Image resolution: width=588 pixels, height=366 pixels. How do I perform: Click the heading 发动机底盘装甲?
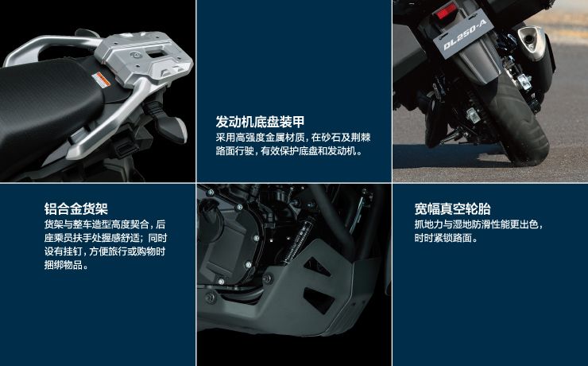coord(260,122)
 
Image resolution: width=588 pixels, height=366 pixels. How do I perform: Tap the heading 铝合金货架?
coord(76,208)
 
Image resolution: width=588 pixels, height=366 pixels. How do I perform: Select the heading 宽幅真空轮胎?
coord(453,208)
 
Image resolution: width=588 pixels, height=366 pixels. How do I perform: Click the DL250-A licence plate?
coord(463,33)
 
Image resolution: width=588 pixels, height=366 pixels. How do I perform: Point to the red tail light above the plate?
coord(446,11)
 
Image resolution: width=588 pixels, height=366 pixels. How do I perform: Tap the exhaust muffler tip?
coord(530,39)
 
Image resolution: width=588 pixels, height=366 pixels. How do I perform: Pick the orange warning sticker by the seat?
coord(101,80)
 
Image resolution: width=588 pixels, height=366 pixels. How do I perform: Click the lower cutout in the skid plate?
coord(319,299)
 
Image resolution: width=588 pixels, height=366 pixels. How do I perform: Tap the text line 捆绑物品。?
coord(67,265)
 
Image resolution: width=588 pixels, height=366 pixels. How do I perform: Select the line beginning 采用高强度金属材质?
coord(293,138)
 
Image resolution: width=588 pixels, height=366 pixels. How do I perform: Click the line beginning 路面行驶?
coord(289,151)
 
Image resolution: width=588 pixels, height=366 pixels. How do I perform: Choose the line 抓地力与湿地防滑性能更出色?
coord(479,224)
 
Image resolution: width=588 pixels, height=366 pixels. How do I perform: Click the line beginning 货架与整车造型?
coord(105,224)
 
